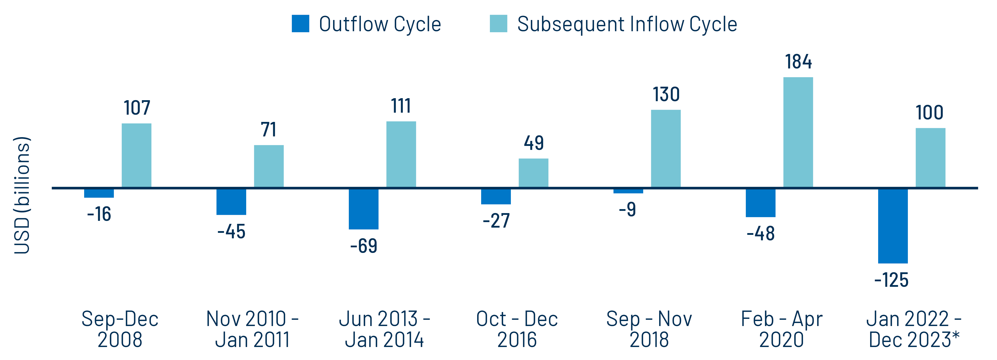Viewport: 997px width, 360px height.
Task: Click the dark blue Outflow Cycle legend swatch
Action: click(300, 24)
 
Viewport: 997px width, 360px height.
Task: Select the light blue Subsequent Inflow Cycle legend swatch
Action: click(498, 24)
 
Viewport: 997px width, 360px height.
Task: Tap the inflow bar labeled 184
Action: click(798, 132)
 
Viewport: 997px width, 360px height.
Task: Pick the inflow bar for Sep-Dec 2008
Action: click(137, 156)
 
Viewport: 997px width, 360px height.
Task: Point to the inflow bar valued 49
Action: click(533, 173)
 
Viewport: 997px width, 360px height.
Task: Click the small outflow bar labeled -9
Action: click(628, 191)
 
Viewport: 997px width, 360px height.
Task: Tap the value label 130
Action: click(666, 94)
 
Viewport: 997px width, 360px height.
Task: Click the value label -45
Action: click(231, 232)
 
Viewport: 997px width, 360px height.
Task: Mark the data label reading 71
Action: click(269, 130)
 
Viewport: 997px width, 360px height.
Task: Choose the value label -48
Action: click(761, 234)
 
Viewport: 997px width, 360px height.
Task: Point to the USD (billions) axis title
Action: click(22, 195)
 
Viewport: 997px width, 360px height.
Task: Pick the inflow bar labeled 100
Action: click(930, 158)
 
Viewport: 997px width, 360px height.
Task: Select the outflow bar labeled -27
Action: click(496, 197)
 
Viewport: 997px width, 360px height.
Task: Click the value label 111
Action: click(401, 106)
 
